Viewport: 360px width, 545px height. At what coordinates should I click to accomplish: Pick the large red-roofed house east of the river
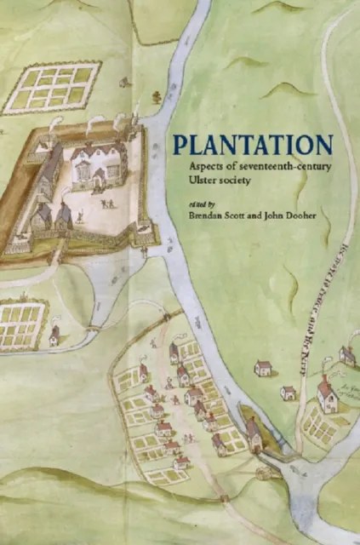tap(327, 393)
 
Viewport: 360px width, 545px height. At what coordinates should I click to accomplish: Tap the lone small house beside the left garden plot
tap(54, 336)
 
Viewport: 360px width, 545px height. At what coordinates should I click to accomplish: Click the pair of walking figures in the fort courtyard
tap(106, 203)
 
